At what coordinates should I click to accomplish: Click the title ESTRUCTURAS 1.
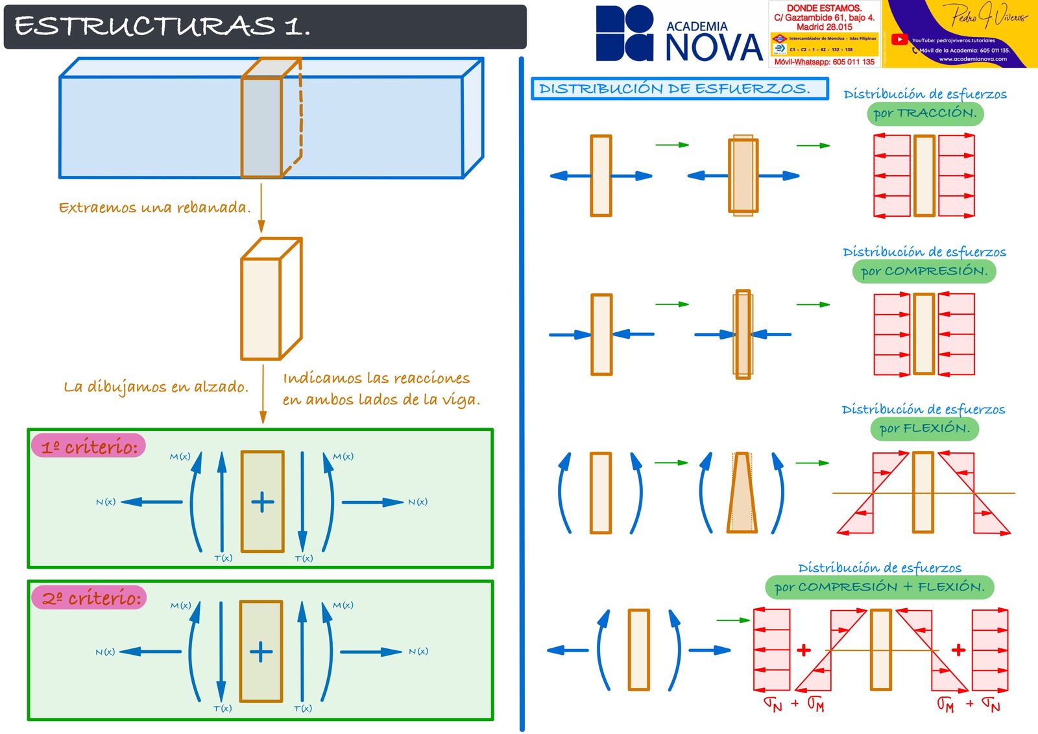pos(162,27)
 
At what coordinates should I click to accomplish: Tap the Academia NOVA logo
pos(678,34)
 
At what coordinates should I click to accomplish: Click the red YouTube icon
pos(899,40)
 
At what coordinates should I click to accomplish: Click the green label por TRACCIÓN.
pos(924,114)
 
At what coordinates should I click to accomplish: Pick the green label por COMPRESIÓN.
pos(924,271)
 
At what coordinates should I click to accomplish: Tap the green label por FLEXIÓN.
pos(924,429)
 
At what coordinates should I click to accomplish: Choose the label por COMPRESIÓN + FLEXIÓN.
pos(879,587)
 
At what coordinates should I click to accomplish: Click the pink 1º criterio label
pos(89,447)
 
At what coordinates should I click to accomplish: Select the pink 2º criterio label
pos(90,598)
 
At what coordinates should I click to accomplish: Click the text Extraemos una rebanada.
pos(154,208)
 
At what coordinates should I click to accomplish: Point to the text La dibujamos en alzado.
pos(156,387)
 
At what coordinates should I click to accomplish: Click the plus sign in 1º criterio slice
pos(262,502)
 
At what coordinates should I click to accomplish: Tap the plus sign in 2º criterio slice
pos(261,652)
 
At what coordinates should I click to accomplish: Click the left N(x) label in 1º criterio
pos(106,502)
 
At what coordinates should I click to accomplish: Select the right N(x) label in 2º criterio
pos(418,652)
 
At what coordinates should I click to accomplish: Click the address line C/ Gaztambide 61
pos(824,18)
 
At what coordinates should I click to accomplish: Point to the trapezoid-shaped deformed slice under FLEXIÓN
pos(742,493)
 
